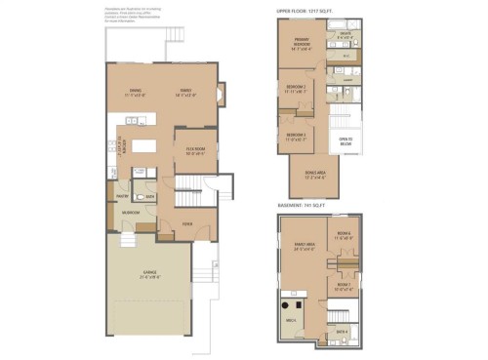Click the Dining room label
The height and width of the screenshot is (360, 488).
(x=135, y=94)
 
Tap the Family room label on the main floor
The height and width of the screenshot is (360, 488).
(x=187, y=94)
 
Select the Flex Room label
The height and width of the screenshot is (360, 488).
(x=195, y=151)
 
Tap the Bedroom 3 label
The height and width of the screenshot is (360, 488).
(x=297, y=137)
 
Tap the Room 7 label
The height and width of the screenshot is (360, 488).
(x=344, y=287)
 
